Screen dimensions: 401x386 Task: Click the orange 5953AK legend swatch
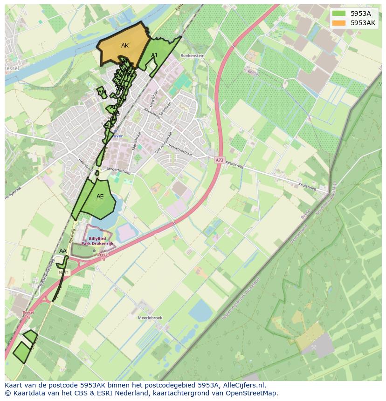point(339,23)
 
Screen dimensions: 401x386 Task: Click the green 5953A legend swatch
point(339,14)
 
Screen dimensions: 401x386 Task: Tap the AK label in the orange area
point(125,46)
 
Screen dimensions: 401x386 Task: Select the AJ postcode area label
point(154,55)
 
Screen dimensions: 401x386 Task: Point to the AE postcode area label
point(100,197)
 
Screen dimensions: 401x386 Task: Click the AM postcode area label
point(102,93)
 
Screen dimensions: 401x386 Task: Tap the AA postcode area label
point(63,251)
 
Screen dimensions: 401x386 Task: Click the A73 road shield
point(220,160)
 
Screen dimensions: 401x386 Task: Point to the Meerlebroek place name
point(150,318)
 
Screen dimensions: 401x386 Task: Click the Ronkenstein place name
point(192,55)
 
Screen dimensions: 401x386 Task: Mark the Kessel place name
point(10,68)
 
